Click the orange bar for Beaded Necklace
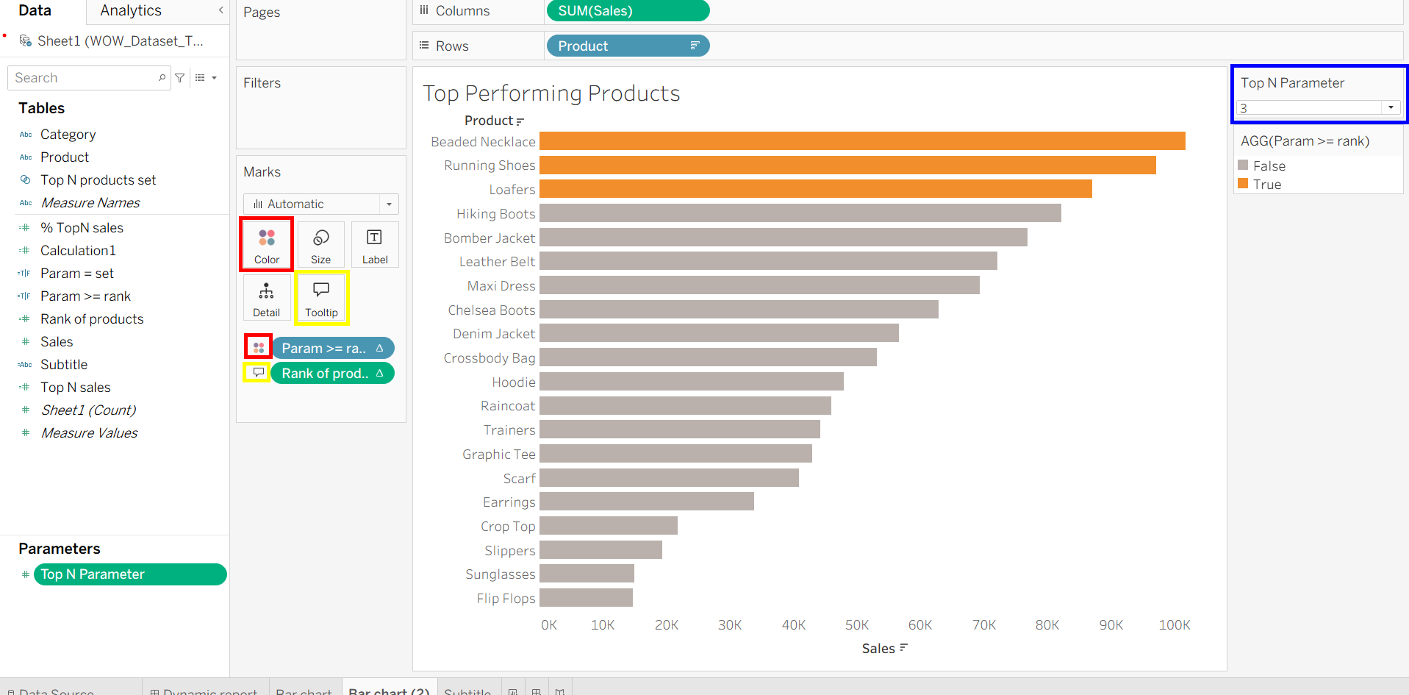[861, 141]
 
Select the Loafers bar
[815, 189]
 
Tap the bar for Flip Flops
[586, 598]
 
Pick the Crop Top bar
[608, 526]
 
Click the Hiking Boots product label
[495, 214]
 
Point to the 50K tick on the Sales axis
[856, 625]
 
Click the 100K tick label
[1174, 625]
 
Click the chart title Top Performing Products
[551, 93]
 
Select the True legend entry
[1266, 185]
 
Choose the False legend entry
[1269, 166]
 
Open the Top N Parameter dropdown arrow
[1391, 108]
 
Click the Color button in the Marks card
[267, 245]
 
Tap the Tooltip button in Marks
[321, 298]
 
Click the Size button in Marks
[320, 245]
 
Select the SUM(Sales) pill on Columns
[627, 11]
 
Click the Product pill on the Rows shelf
[627, 46]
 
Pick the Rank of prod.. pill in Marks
[332, 374]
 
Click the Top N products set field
[98, 180]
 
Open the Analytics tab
[131, 11]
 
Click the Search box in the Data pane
[85, 78]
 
